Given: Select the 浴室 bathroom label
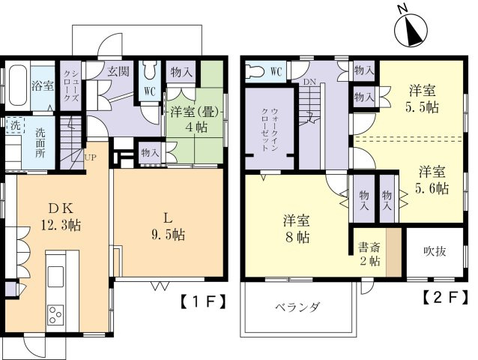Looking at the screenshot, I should tap(42, 85).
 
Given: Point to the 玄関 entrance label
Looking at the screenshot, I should tap(118, 72).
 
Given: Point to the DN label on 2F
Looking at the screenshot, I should tap(309, 82).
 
